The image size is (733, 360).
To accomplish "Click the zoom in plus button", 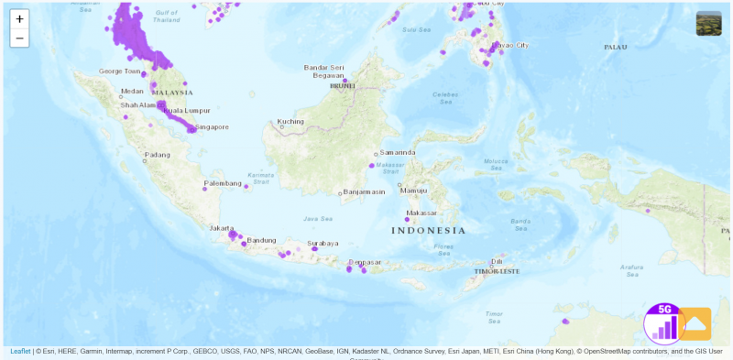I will point(19,18).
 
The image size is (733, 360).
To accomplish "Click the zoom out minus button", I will point(19,38).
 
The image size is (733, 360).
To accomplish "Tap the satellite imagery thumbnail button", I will point(708,23).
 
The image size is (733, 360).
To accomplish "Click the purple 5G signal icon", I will point(665,323).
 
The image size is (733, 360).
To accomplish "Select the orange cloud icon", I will point(695,323).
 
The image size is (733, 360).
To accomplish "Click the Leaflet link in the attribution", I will point(19,351).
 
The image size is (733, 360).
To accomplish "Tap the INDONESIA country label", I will point(429,230).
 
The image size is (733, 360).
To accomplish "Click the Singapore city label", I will point(213,127).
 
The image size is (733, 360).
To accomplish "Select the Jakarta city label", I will point(221,227).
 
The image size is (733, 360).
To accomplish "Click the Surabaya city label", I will point(323,244).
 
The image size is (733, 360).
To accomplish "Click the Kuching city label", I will point(290,121).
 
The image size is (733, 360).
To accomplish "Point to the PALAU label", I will point(615,47).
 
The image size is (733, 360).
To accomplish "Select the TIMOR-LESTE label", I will point(497,271).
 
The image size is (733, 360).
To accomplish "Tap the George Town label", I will point(119,71).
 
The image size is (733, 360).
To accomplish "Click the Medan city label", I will point(133,91).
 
